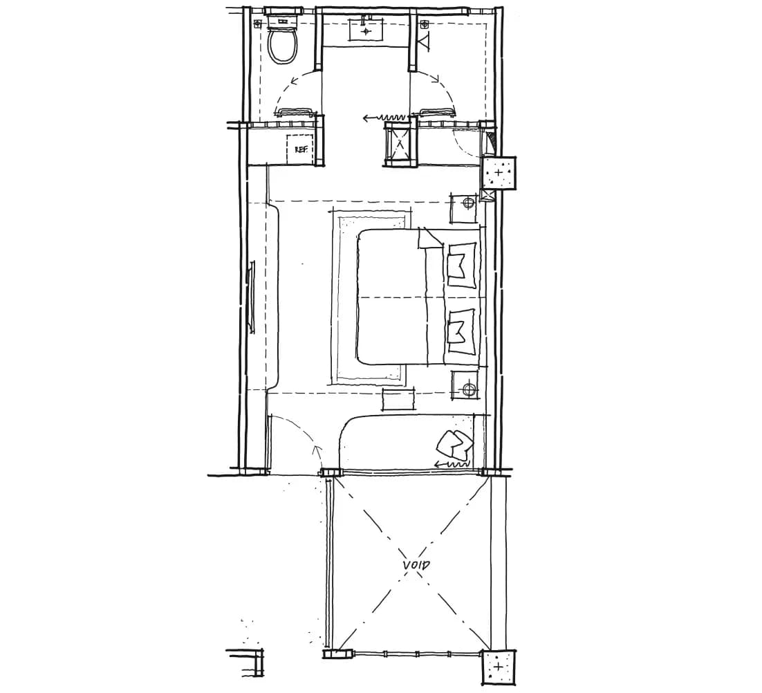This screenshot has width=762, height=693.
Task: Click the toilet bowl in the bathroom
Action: coord(282,46)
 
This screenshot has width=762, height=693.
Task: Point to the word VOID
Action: coord(416,565)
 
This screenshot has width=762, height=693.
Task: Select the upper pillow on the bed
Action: coord(461,265)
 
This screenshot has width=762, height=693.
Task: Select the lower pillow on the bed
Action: coord(461,331)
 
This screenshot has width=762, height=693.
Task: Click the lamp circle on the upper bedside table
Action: coord(469,203)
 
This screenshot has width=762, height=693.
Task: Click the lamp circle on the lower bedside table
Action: coord(469,389)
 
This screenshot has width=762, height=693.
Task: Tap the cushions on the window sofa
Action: coord(454,444)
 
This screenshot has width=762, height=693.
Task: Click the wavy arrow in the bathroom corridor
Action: coord(384,118)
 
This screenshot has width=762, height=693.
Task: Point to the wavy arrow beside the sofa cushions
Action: coord(452,465)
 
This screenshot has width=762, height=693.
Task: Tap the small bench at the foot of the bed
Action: coord(399,399)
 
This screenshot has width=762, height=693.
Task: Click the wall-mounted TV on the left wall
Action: coord(252,297)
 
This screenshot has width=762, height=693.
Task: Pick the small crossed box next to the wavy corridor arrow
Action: coord(400,143)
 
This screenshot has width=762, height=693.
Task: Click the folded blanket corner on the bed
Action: coord(430,239)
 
